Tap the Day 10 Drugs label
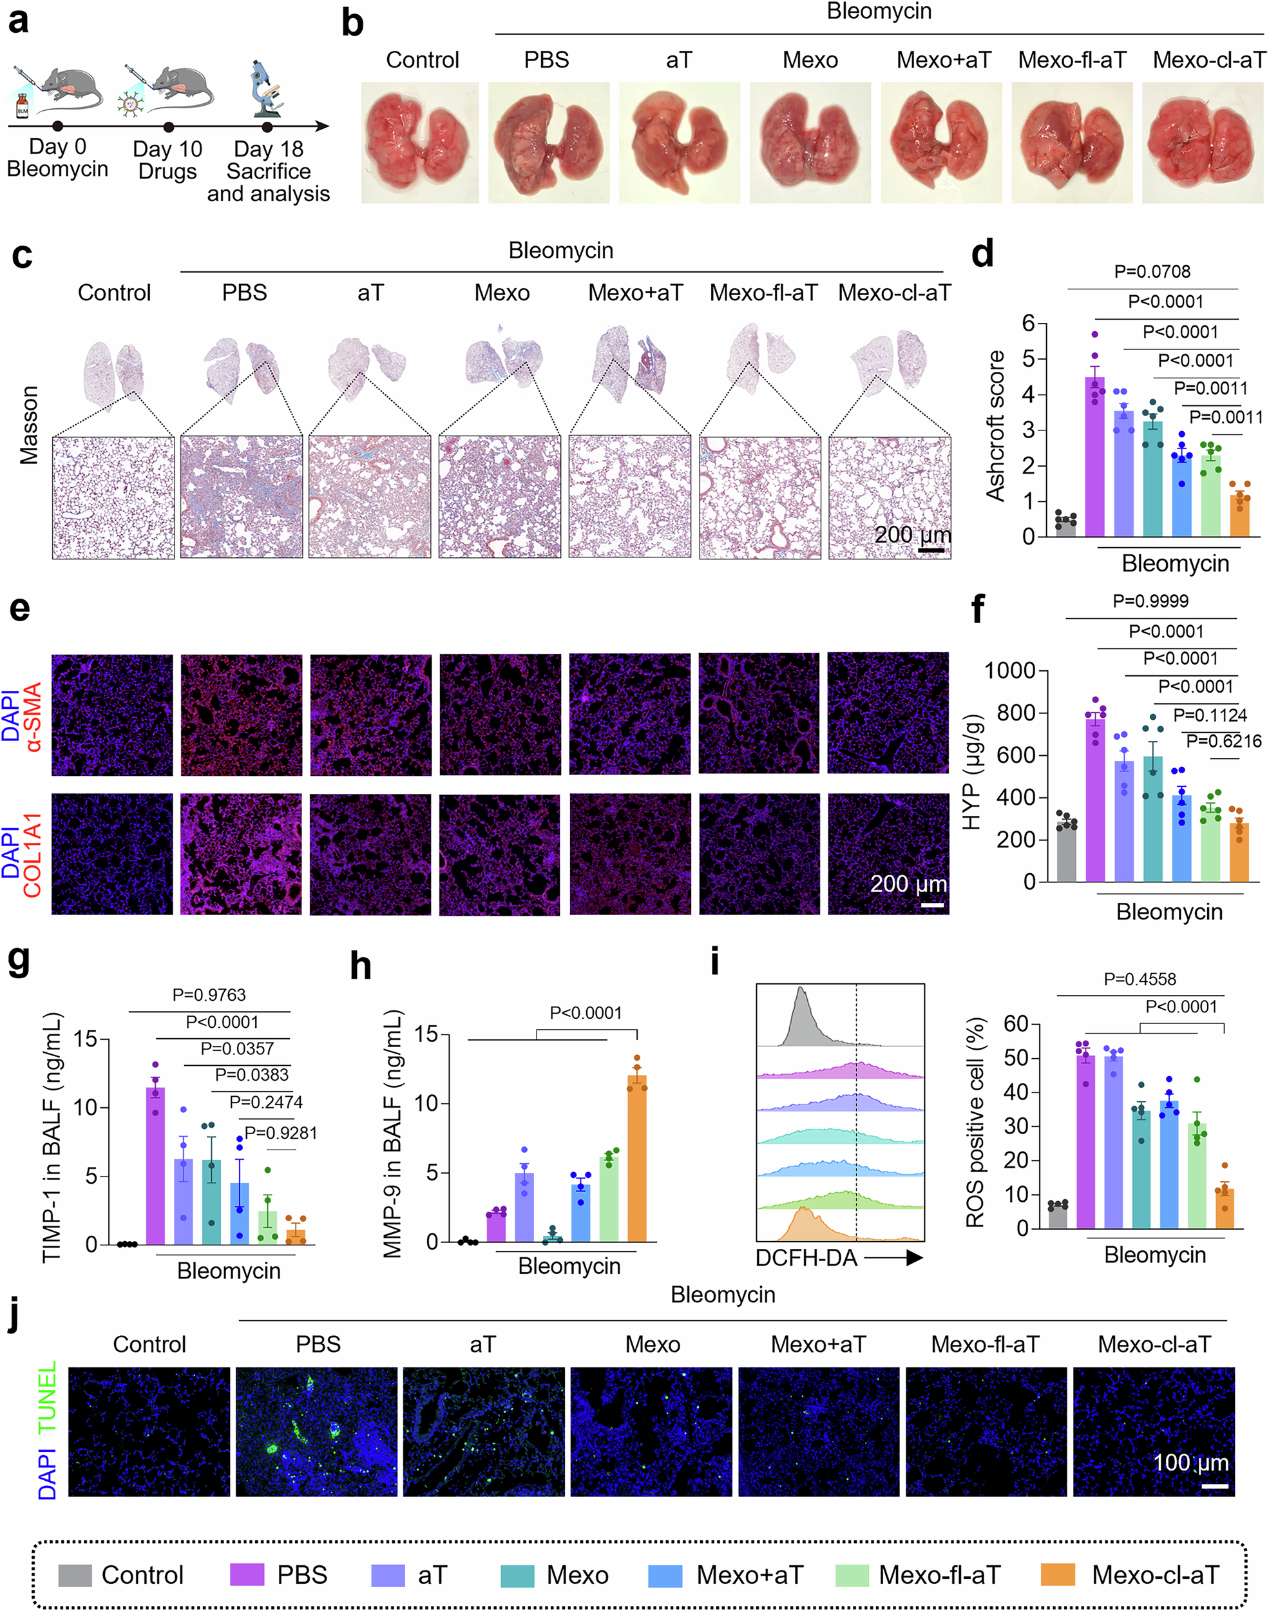coord(167,160)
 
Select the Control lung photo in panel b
coord(420,142)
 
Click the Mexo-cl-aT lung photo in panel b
coord(1202,142)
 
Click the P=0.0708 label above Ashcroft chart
coord(1152,272)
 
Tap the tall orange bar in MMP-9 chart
coord(636,1159)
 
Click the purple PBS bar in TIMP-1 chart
coord(155,1166)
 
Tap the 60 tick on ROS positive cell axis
coord(1016,1024)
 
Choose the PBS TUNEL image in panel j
coord(316,1432)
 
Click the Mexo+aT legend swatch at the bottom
coord(665,1576)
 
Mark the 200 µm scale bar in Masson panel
coord(931,550)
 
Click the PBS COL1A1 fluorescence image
coord(241,854)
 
